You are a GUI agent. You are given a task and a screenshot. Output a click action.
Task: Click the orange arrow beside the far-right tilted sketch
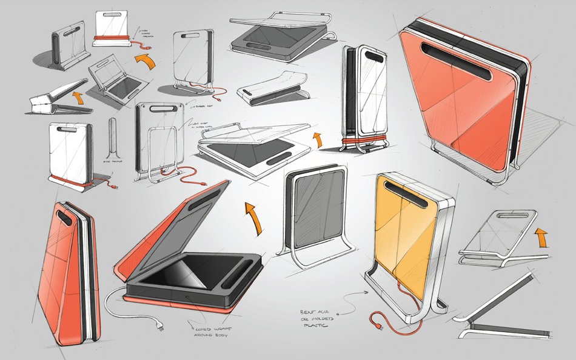pyautogui.click(x=541, y=237)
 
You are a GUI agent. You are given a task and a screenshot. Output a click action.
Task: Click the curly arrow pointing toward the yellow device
pyautogui.click(x=352, y=297)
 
